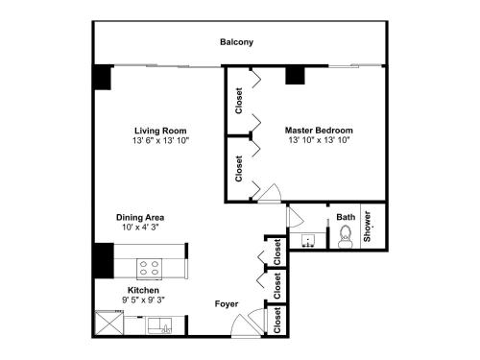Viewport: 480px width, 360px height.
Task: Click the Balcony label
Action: (x=236, y=42)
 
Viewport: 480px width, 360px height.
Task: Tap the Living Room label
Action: (x=160, y=131)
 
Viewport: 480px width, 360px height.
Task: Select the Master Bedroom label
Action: (x=319, y=131)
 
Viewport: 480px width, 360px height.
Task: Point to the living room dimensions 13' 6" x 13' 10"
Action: (x=161, y=140)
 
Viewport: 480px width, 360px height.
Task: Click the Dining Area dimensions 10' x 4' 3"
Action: (x=140, y=228)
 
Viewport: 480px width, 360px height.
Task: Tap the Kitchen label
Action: (x=143, y=290)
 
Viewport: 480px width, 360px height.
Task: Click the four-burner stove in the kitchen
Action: (x=150, y=269)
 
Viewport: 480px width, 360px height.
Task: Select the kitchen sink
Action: (x=159, y=325)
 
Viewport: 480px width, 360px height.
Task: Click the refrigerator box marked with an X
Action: (x=109, y=323)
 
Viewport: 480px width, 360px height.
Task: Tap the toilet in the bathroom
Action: (x=346, y=237)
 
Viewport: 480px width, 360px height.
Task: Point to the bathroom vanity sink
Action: (x=307, y=241)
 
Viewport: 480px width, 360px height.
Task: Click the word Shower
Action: (x=367, y=227)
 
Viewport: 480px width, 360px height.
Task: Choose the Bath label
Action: (x=346, y=217)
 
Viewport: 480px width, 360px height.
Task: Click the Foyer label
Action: (x=227, y=304)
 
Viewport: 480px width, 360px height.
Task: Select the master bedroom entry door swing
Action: (x=270, y=193)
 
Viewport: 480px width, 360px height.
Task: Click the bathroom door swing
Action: (x=296, y=217)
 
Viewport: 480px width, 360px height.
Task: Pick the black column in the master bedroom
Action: (x=295, y=76)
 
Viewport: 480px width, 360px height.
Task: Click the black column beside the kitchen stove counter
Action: (x=104, y=261)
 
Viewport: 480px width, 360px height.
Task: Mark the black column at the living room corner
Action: (x=103, y=77)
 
